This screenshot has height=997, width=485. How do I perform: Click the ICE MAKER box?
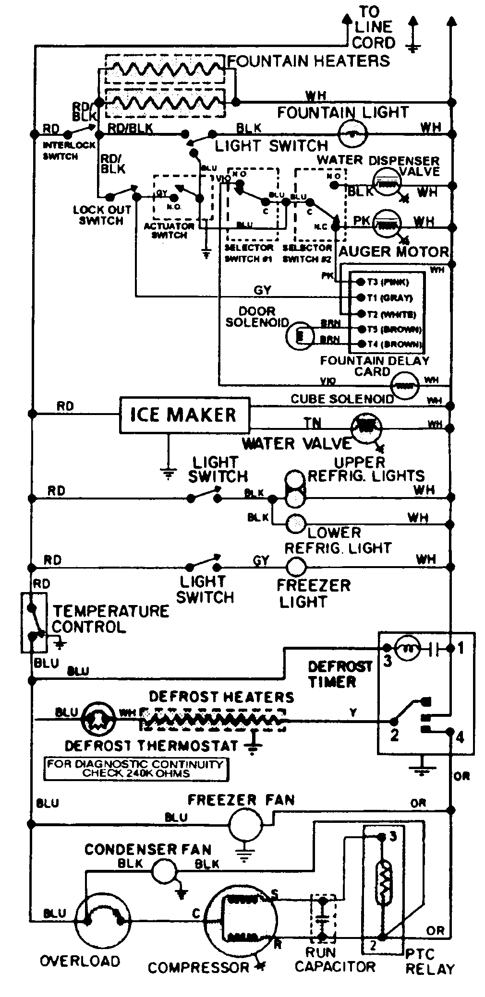click(x=184, y=415)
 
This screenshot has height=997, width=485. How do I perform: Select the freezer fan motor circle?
click(x=245, y=824)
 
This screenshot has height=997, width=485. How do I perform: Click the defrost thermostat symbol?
click(x=98, y=720)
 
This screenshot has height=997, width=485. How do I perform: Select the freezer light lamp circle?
click(x=296, y=567)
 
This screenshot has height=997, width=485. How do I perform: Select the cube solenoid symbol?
click(x=405, y=385)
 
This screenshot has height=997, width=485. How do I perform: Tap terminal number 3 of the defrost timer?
click(x=387, y=661)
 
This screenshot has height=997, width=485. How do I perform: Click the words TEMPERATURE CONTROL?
click(x=110, y=619)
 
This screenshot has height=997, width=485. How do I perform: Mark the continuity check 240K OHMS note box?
click(x=136, y=769)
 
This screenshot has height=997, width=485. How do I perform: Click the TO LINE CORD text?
click(x=373, y=27)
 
